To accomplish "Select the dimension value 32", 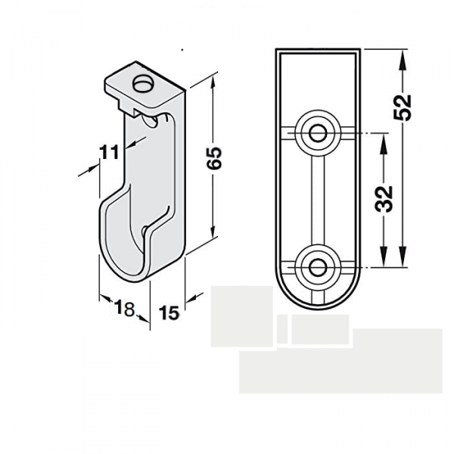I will pyautogui.click(x=384, y=198).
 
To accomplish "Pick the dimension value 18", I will pyautogui.click(x=124, y=307).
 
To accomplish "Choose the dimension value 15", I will pyautogui.click(x=169, y=311).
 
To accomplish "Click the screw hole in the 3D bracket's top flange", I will pyautogui.click(x=141, y=84).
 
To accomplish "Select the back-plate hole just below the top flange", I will pyautogui.click(x=154, y=120).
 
